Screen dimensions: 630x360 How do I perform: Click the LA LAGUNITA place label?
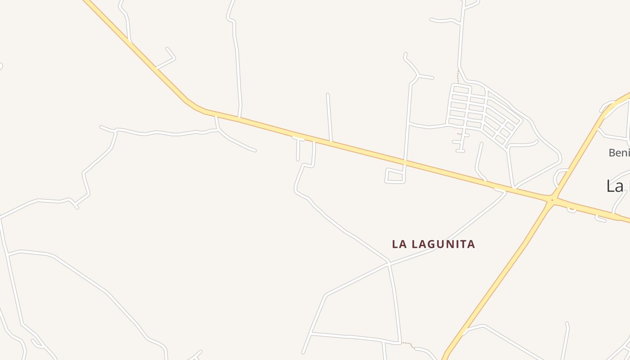[x=433, y=244]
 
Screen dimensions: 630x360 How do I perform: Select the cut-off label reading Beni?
[x=619, y=153]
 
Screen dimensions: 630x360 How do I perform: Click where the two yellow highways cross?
[x=552, y=199]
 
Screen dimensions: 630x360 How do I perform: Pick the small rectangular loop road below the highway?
[x=395, y=175]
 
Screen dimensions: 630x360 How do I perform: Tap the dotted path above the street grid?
[x=458, y=76]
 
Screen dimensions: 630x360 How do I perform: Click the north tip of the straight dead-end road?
[x=328, y=94]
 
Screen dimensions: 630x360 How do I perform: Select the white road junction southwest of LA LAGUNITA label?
[x=389, y=263]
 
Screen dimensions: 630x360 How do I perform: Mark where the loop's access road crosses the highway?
[x=405, y=161]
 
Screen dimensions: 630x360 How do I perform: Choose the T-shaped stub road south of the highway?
[x=298, y=144]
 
